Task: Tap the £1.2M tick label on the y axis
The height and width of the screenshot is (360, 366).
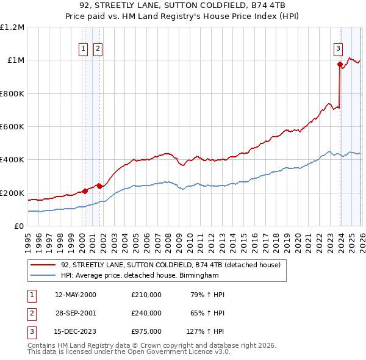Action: pyautogui.click(x=12, y=27)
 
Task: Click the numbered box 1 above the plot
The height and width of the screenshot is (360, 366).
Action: pyautogui.click(x=83, y=50)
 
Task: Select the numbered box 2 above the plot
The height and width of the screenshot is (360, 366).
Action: pyautogui.click(x=98, y=50)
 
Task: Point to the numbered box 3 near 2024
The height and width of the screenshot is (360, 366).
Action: pyautogui.click(x=338, y=50)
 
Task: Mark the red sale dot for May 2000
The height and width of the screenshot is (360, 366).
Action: pyautogui.click(x=85, y=191)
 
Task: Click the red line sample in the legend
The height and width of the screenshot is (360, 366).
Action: pyautogui.click(x=43, y=265)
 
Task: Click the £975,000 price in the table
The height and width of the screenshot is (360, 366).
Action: pyautogui.click(x=146, y=332)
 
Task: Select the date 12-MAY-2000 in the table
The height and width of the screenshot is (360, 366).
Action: pyautogui.click(x=76, y=295)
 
